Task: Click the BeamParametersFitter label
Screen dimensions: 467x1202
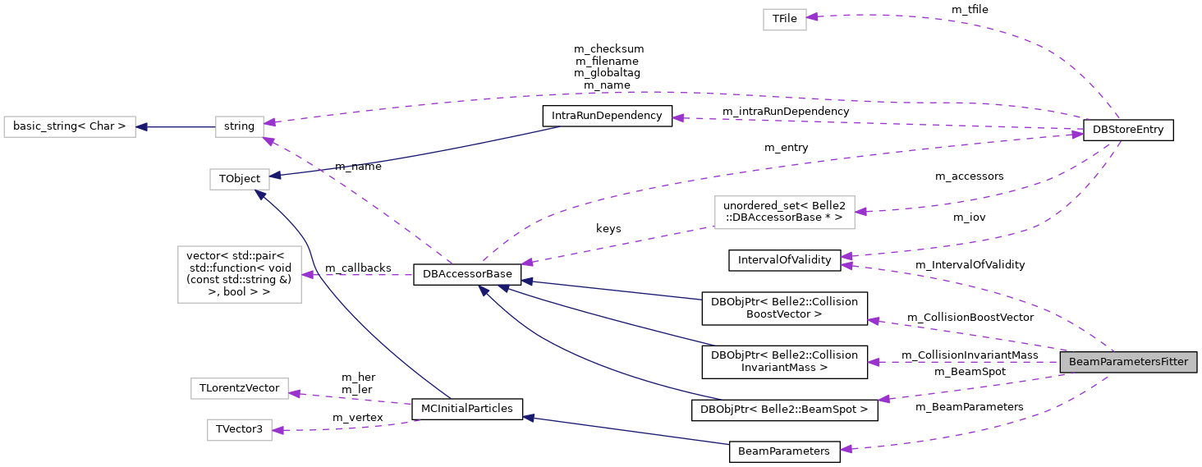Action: (x=1127, y=362)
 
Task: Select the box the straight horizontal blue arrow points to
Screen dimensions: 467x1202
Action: (x=70, y=127)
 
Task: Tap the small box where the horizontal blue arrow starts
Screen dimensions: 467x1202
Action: (x=240, y=127)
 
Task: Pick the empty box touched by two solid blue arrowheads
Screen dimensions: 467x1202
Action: (x=240, y=179)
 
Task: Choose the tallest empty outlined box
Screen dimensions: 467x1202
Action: (x=240, y=274)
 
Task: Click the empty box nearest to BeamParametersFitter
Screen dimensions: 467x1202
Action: (x=784, y=213)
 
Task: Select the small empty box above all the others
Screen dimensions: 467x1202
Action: (x=784, y=20)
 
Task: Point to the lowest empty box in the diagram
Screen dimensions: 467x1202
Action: (x=240, y=430)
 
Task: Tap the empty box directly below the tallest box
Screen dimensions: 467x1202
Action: (x=240, y=388)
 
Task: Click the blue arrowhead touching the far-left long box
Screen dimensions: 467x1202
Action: (x=142, y=127)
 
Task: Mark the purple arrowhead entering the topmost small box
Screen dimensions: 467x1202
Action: (x=813, y=16)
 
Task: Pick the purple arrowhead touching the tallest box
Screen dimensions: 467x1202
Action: (x=308, y=275)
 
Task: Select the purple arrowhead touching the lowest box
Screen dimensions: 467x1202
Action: (x=278, y=430)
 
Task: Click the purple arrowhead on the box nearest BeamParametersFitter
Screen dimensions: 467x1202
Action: (x=861, y=212)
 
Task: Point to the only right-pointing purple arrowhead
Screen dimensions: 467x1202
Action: (x=1077, y=134)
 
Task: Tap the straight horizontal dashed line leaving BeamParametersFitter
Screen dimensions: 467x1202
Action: (x=969, y=362)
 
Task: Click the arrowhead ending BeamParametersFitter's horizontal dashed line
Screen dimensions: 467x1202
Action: (x=874, y=362)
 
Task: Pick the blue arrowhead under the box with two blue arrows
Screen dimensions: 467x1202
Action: (x=260, y=195)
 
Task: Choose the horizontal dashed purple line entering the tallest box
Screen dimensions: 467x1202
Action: (x=361, y=275)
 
